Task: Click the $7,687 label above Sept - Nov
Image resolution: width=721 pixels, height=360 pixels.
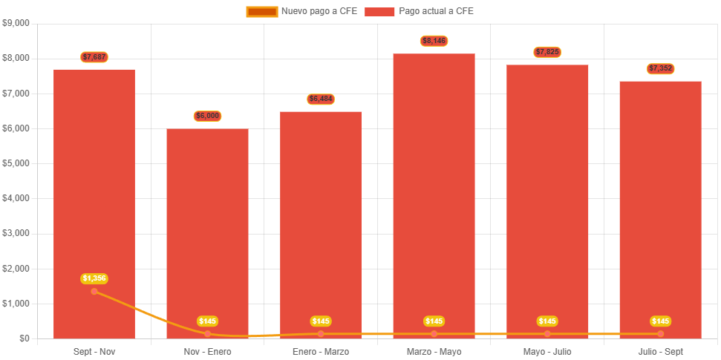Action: [x=94, y=56]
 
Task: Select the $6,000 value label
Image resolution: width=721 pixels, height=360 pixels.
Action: [x=207, y=116]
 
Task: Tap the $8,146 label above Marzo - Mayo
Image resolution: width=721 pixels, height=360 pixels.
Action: [x=434, y=41]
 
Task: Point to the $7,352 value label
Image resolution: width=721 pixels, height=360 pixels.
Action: [x=660, y=68]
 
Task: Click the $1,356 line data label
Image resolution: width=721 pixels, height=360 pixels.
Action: [x=94, y=278]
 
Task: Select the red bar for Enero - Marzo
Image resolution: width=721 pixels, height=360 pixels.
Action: [x=321, y=223]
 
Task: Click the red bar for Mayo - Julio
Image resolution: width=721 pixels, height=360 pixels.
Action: [x=547, y=200]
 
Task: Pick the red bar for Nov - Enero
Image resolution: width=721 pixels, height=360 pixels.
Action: [x=207, y=230]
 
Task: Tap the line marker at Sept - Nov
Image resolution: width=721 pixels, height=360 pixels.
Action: [x=94, y=291]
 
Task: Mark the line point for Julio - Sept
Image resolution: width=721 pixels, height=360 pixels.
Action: [x=660, y=334]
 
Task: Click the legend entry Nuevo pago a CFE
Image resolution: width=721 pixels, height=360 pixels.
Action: [x=301, y=11]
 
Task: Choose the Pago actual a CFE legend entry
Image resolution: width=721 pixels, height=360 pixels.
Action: [x=420, y=11]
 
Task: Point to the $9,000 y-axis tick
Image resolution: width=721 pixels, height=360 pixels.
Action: [x=16, y=23]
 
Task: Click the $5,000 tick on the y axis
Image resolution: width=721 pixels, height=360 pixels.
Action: [x=16, y=163]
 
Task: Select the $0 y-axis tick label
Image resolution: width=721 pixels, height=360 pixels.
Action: [x=25, y=338]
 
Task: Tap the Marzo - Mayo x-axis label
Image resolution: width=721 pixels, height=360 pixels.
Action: [x=434, y=351]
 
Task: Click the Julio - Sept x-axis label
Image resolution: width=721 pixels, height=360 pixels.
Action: [x=660, y=351]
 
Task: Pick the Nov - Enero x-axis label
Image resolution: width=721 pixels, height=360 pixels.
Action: [x=207, y=351]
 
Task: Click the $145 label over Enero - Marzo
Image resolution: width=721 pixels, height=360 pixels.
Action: [x=321, y=321]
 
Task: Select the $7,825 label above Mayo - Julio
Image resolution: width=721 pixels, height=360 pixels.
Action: [x=547, y=52]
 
